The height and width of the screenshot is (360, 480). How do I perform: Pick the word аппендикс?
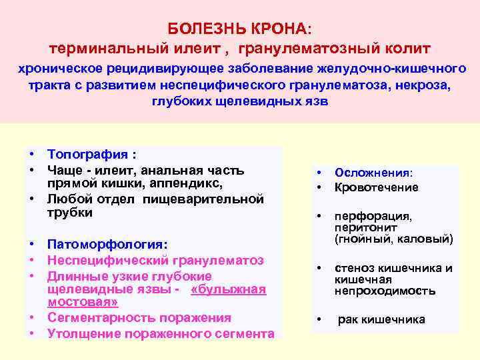(x=190, y=183)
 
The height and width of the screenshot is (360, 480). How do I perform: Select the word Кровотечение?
(x=376, y=187)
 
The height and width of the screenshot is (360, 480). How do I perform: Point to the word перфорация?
(x=373, y=216)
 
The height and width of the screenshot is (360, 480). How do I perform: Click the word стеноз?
(x=354, y=268)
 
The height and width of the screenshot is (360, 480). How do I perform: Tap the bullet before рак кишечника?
(x=319, y=319)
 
